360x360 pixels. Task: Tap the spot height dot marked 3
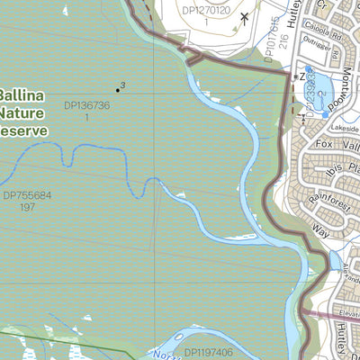click(117, 89)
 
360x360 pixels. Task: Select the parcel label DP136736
click(87, 106)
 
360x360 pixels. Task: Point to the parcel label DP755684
click(27, 194)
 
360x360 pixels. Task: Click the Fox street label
click(324, 143)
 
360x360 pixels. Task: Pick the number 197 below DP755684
click(27, 206)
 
